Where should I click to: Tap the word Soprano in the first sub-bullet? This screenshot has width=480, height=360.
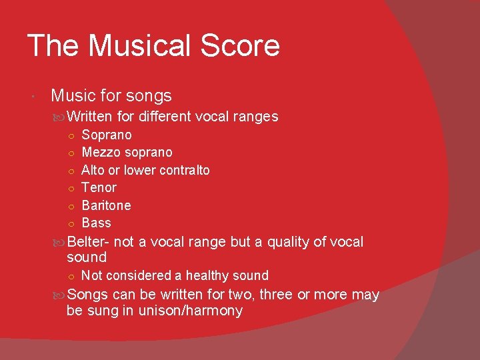pos(107,135)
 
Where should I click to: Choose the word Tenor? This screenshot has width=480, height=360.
pos(99,188)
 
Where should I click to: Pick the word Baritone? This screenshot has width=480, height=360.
pos(106,205)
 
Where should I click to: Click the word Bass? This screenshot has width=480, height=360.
pos(96,223)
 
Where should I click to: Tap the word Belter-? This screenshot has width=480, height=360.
pos(89,242)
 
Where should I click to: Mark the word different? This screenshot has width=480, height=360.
pos(165,117)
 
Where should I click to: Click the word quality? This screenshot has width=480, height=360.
pos(291,242)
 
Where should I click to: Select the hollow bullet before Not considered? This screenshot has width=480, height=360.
pos(71,276)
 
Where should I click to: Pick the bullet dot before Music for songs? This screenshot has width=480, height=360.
pos(34,97)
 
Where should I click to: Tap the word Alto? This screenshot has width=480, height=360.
pos(93,170)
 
